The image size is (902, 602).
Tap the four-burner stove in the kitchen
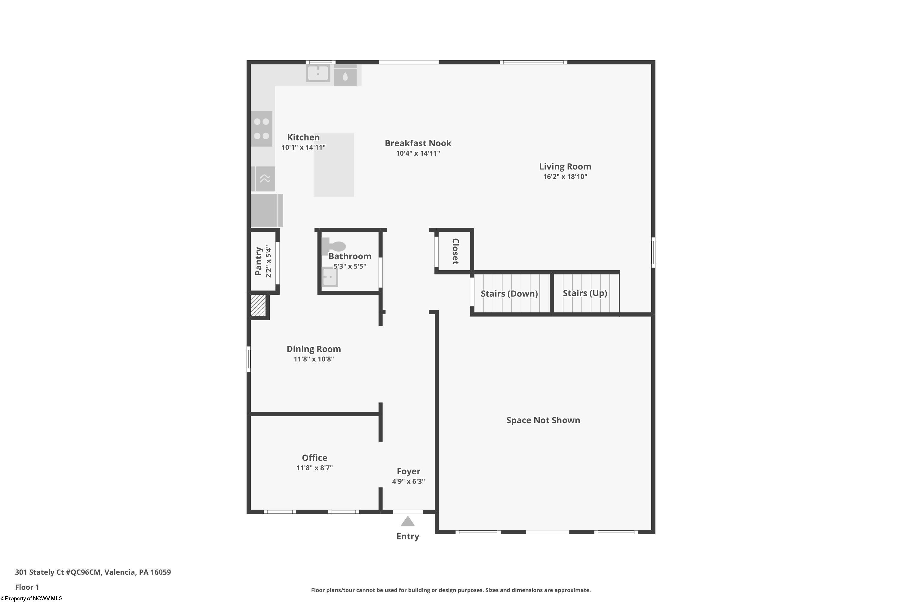262,129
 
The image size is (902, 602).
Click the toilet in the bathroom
333,245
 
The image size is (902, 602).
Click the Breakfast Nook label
418,143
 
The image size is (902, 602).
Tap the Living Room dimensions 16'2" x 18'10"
565,177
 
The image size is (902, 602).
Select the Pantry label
259,261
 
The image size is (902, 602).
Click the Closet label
455,251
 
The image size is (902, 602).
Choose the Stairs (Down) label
509,294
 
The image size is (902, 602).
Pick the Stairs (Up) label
584,293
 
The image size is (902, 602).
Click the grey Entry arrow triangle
407,521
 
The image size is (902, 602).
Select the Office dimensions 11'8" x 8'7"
314,468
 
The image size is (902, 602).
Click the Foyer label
408,471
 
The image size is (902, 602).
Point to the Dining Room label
313,349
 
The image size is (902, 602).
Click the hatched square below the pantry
258,306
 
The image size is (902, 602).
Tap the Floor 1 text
27,587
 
